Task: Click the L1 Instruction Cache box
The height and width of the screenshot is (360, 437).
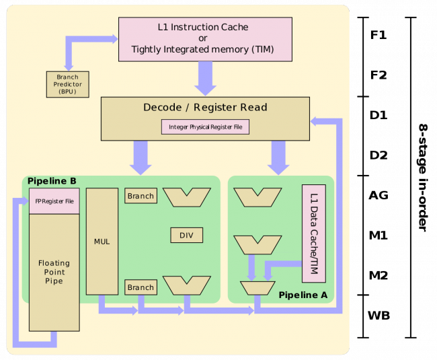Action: [205, 39]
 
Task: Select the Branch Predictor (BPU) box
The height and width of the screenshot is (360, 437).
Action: [67, 84]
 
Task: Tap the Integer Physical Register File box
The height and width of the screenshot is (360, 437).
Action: [205, 126]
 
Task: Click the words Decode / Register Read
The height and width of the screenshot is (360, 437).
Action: [205, 108]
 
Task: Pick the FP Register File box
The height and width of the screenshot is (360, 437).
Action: [54, 201]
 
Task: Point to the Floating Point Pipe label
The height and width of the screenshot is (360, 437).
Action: [54, 271]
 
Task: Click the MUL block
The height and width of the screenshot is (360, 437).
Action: [102, 241]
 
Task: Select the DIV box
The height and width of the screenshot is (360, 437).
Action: [186, 235]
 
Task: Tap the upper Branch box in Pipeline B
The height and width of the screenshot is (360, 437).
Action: [141, 196]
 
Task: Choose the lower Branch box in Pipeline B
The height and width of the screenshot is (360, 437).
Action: [141, 287]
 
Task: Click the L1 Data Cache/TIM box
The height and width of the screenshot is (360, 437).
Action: [314, 233]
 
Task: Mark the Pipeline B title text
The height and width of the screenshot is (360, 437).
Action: [52, 181]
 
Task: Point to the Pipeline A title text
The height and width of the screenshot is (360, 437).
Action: [303, 295]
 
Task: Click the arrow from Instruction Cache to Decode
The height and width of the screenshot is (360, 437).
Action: [206, 79]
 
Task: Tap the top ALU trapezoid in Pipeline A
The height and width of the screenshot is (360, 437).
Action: [257, 196]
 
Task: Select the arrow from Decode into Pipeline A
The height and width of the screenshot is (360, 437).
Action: [278, 157]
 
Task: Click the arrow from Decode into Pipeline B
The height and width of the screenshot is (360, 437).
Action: [141, 157]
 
